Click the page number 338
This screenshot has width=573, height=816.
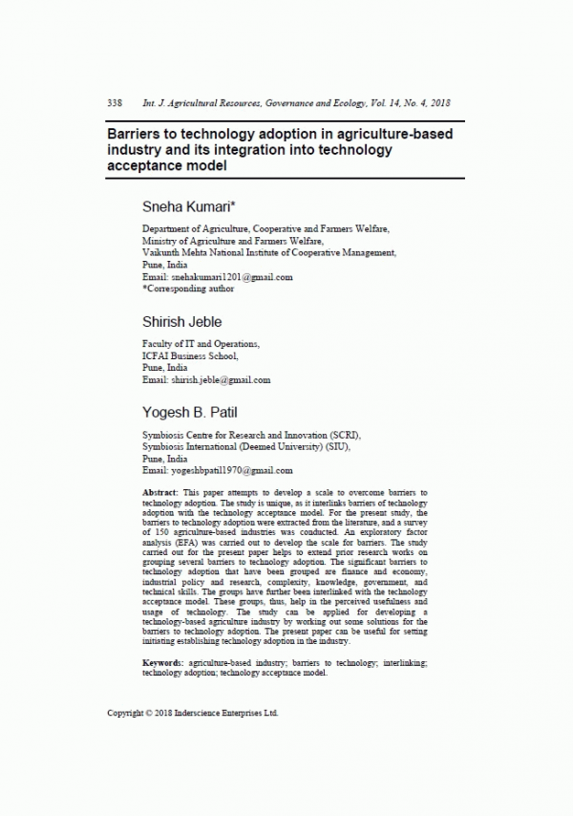(x=114, y=102)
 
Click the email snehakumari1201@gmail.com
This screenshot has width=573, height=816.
(x=230, y=277)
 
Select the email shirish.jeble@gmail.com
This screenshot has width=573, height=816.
(x=220, y=379)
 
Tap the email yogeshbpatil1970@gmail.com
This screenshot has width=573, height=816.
(x=230, y=471)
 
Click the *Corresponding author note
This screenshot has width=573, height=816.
(x=187, y=288)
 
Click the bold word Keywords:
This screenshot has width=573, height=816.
(x=162, y=662)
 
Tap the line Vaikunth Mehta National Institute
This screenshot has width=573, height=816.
(x=268, y=253)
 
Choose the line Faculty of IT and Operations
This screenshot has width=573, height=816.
(x=201, y=344)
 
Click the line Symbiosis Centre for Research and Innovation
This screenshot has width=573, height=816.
(x=252, y=435)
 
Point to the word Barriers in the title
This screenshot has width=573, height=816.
(x=137, y=134)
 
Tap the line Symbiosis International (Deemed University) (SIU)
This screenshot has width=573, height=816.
(x=246, y=446)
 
